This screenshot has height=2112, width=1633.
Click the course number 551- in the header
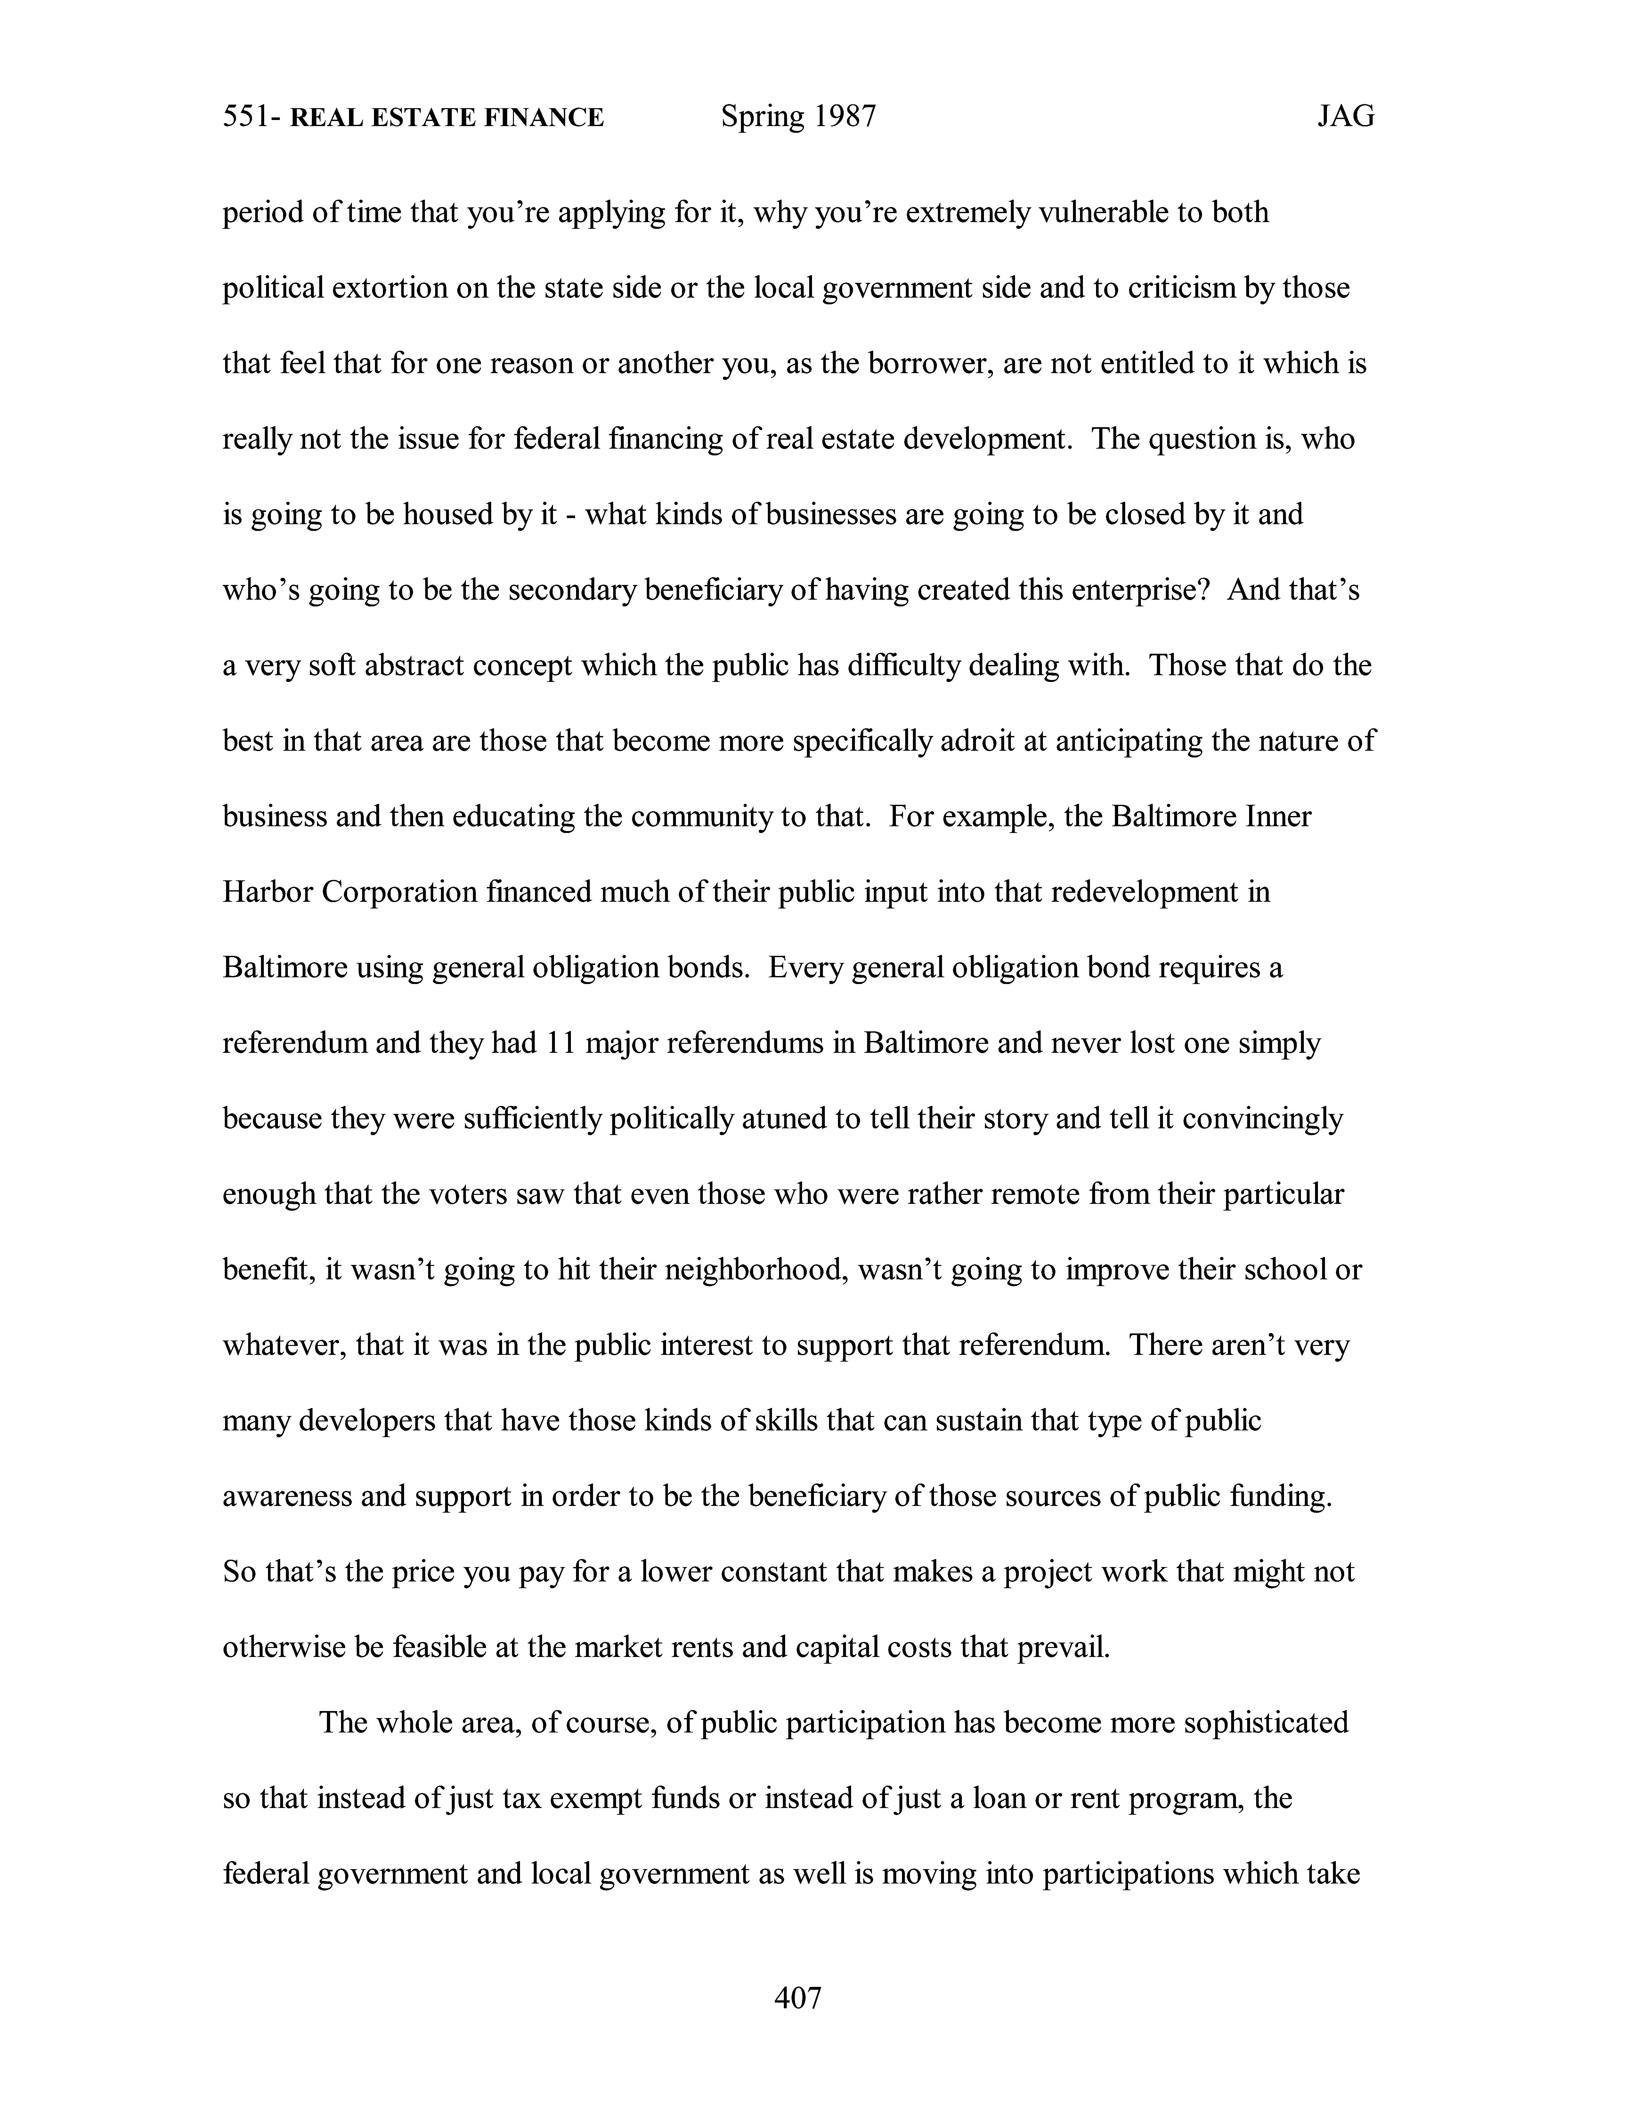252,118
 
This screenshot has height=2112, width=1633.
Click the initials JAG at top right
1345,118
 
